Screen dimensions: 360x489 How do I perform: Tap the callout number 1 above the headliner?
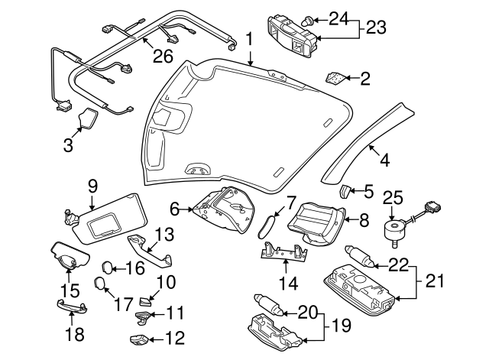[x=248, y=37]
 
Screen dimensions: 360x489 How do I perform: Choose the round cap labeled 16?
[x=108, y=267]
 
